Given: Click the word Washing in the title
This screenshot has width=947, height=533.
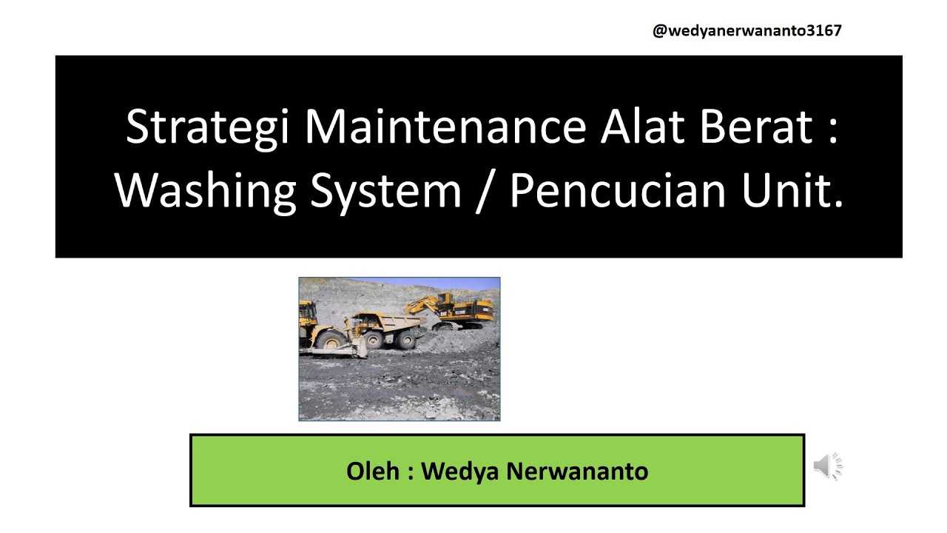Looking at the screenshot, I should click(206, 191).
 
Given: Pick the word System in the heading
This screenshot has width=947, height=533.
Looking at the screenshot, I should click(385, 191).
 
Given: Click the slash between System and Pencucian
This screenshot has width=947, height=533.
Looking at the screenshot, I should click(485, 191).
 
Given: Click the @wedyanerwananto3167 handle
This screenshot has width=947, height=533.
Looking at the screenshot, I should click(747, 30).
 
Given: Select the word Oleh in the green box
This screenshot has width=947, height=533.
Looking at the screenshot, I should click(374, 471).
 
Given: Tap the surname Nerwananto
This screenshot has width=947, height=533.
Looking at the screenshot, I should click(577, 471).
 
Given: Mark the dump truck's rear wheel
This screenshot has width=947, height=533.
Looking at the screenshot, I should click(406, 340).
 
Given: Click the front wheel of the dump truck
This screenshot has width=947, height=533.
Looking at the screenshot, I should click(374, 340).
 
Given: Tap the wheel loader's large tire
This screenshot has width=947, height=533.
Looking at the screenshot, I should click(332, 340).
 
